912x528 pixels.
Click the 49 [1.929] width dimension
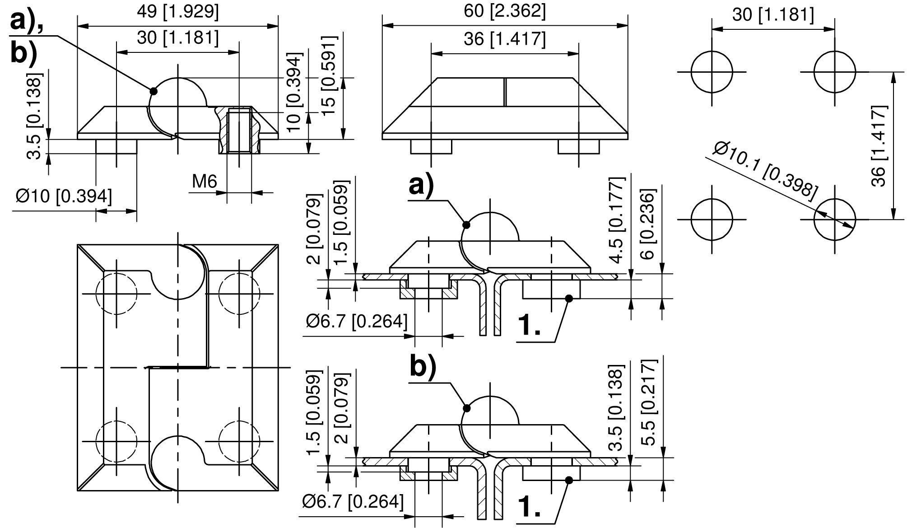[x=177, y=12]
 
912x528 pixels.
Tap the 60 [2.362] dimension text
[x=505, y=11]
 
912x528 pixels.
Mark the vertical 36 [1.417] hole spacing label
[x=879, y=146]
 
